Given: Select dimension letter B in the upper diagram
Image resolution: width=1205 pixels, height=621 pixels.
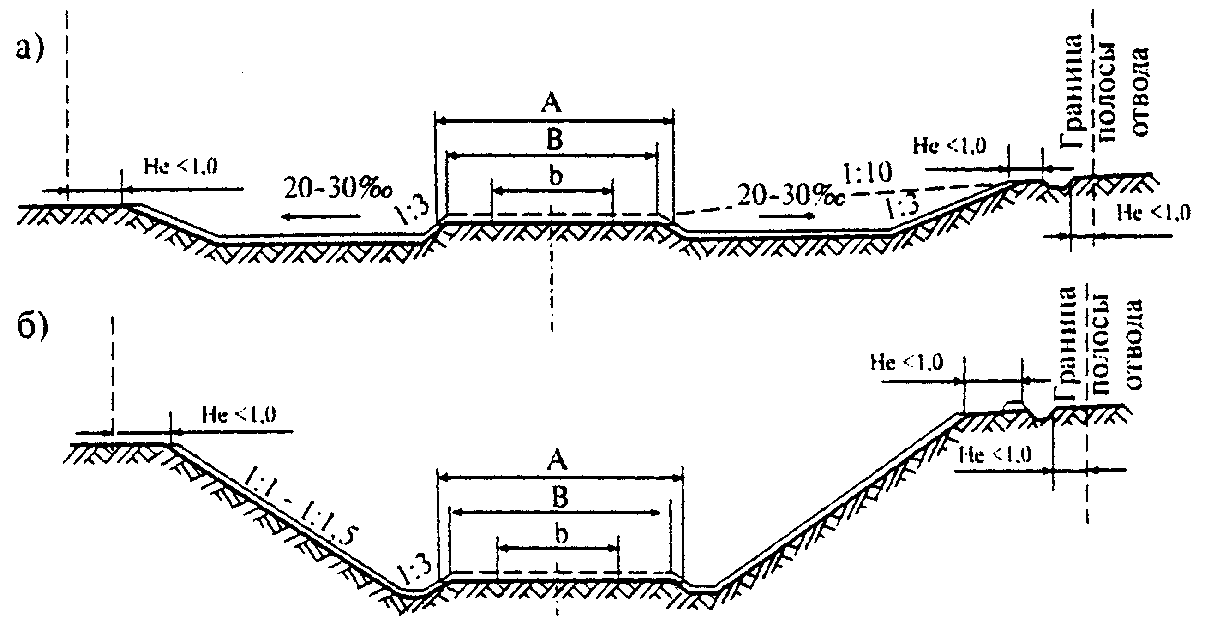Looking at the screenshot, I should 554,140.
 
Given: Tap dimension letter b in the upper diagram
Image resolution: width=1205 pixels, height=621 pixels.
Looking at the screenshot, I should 555,176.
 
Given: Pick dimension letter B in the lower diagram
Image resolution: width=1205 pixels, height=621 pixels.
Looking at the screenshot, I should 560,497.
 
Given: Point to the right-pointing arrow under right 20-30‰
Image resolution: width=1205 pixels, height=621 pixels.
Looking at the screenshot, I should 786,216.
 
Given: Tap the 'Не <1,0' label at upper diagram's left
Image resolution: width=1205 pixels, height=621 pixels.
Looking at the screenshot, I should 180,167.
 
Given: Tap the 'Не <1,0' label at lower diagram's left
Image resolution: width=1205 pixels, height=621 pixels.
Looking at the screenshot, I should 239,415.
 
